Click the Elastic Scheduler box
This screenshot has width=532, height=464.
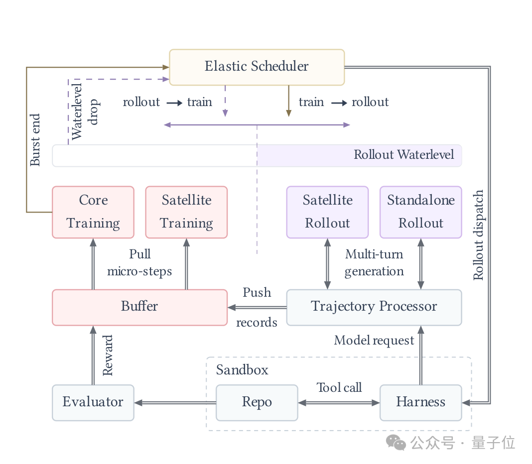coord(257,67)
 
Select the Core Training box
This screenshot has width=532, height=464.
coord(93,212)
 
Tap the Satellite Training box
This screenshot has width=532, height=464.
coord(186,212)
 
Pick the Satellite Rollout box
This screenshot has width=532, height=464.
coord(327,212)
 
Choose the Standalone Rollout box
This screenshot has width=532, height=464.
coord(421,212)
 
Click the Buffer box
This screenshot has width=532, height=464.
coord(139,307)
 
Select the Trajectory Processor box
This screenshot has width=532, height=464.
coord(374,307)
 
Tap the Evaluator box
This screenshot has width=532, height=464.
coord(93,403)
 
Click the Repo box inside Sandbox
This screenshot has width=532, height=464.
coord(257,403)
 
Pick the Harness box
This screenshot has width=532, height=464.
coord(421,403)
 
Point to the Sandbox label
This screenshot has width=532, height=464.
coord(242,370)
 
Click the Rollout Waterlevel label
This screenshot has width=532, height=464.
coord(403,155)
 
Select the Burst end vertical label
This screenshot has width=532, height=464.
coord(35,140)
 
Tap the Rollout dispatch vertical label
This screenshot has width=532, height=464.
coord(478,235)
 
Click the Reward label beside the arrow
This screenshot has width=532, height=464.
coord(108,355)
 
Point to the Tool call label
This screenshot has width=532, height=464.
coord(339,387)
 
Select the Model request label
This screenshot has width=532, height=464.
coord(374,340)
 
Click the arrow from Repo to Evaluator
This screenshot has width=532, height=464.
coord(175,403)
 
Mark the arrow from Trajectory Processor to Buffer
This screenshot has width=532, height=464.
coord(257,307)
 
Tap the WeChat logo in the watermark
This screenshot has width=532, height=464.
coord(396,442)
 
